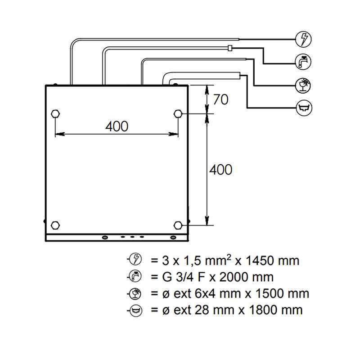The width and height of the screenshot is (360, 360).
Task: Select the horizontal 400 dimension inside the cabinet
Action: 117,126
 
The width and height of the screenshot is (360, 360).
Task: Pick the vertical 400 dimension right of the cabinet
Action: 221,170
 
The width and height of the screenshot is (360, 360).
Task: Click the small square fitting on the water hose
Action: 230,47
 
